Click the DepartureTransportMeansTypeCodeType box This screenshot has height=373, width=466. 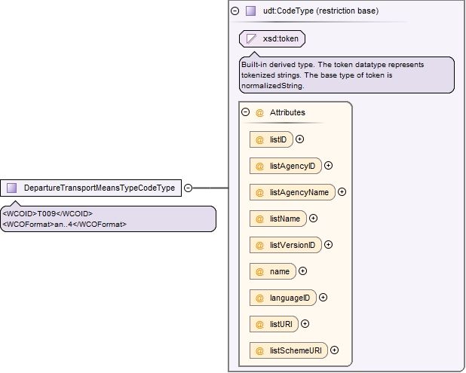click(90, 188)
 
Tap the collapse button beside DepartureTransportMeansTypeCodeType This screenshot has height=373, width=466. click(188, 188)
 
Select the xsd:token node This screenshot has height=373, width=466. click(272, 38)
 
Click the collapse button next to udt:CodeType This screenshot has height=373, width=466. click(235, 11)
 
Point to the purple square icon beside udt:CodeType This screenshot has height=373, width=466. click(250, 11)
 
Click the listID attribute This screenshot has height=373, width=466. click(271, 139)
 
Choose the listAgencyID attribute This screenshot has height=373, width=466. click(286, 166)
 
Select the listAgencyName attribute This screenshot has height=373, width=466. click(293, 192)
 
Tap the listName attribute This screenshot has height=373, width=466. click(278, 219)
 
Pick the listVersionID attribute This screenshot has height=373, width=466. click(286, 245)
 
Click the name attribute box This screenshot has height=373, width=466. click(273, 271)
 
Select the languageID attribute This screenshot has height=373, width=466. click(283, 298)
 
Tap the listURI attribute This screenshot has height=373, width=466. click(274, 324)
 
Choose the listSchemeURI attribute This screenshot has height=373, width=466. click(289, 350)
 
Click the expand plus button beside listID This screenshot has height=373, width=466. click(299, 139)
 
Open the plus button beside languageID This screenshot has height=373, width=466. click(323, 298)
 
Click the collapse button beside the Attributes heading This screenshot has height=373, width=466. click(246, 112)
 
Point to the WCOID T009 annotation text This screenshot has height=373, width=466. click(48, 214)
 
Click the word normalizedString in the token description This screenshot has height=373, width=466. click(272, 86)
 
